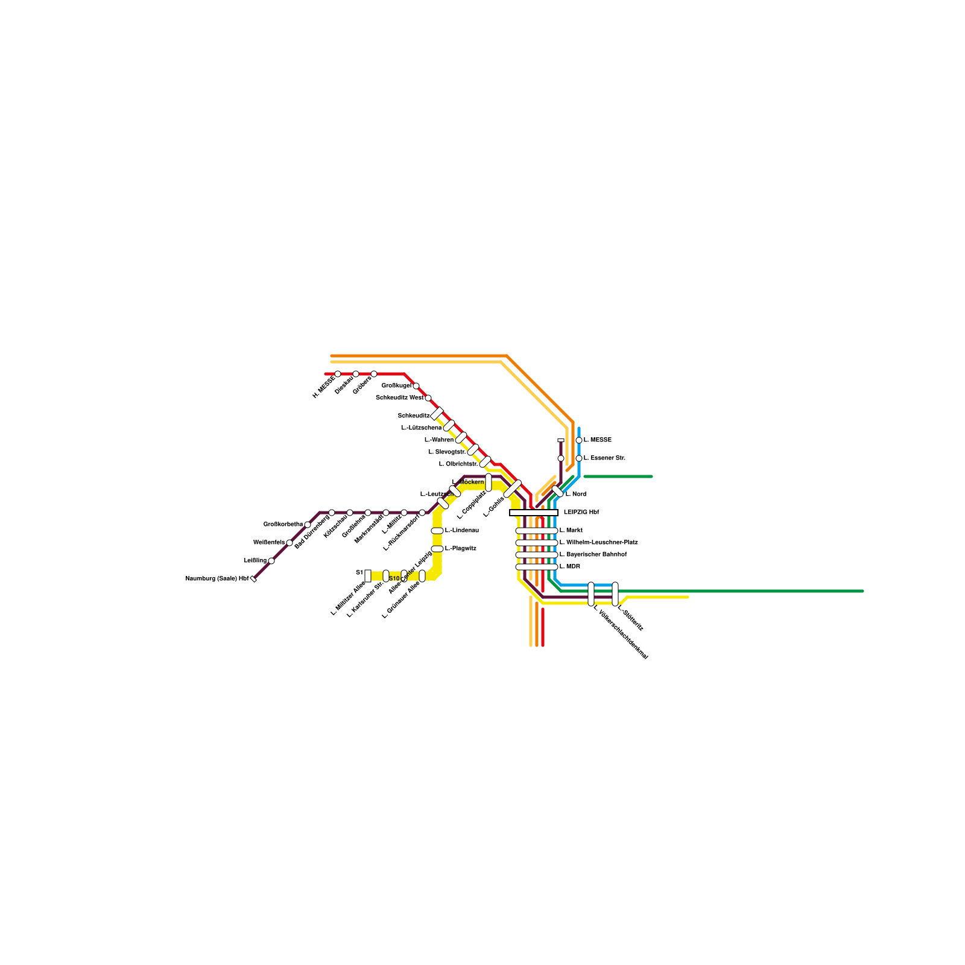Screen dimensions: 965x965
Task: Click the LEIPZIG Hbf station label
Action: pyautogui.click(x=581, y=513)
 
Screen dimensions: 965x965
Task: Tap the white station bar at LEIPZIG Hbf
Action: pyautogui.click(x=534, y=513)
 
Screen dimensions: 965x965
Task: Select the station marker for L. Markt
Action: pyautogui.click(x=536, y=531)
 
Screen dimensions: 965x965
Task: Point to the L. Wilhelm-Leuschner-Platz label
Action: pyautogui.click(x=598, y=543)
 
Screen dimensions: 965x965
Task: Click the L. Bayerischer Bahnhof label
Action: pyautogui.click(x=593, y=555)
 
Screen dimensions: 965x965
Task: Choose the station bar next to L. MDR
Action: pyautogui.click(x=536, y=567)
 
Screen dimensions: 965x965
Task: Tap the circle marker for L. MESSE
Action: pyautogui.click(x=579, y=440)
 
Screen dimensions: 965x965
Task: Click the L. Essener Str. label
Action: pyautogui.click(x=604, y=458)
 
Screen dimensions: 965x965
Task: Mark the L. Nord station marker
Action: pyautogui.click(x=558, y=492)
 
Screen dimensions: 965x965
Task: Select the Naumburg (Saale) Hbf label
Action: pyautogui.click(x=217, y=579)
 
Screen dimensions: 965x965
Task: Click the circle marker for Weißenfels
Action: pyautogui.click(x=289, y=543)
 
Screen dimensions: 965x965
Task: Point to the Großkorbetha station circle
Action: pyautogui.click(x=308, y=525)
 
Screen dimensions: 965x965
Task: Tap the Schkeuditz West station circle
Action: pyautogui.click(x=428, y=398)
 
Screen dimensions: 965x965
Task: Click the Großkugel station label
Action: pyautogui.click(x=396, y=386)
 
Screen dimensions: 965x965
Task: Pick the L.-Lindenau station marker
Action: pyautogui.click(x=437, y=531)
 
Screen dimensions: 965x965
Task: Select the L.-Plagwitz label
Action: pyautogui.click(x=461, y=549)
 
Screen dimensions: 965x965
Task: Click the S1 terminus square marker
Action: pyautogui.click(x=368, y=575)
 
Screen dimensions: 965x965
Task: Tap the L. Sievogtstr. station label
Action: pyautogui.click(x=447, y=452)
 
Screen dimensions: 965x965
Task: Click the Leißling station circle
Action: pyautogui.click(x=271, y=561)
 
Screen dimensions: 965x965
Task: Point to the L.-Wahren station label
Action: pyautogui.click(x=439, y=440)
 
